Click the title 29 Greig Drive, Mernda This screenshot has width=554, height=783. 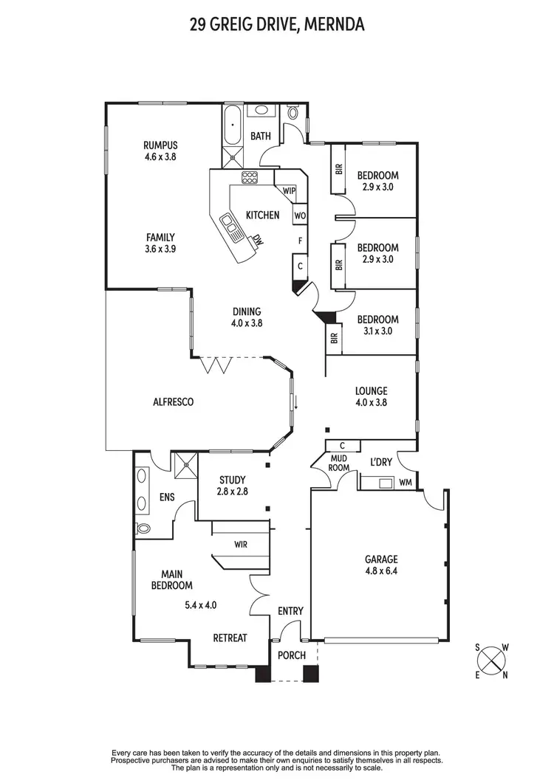[276, 25]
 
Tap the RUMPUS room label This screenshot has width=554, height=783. [160, 145]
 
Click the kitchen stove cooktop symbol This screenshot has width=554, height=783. [250, 178]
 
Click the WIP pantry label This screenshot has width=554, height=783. [289, 190]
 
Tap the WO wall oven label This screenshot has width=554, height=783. [300, 215]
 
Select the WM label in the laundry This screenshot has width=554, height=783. [406, 483]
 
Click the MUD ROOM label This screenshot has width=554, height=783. [338, 463]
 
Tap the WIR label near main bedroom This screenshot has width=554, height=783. [240, 545]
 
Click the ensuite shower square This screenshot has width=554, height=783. [185, 465]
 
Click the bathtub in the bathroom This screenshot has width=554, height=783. [232, 127]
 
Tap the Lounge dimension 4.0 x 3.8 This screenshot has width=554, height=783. [371, 403]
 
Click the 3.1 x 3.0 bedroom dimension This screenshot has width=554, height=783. [377, 331]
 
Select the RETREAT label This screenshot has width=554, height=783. [230, 638]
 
